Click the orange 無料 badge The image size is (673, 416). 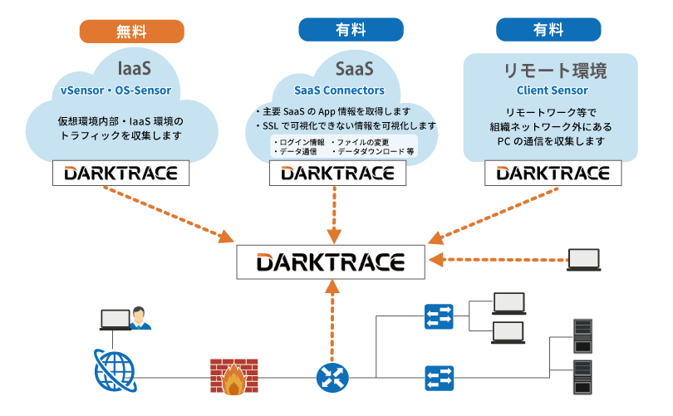point(131,31)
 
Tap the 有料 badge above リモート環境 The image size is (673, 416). point(548,31)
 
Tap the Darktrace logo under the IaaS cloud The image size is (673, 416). point(120,173)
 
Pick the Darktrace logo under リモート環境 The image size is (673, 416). point(553,173)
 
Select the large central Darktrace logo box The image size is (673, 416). point(332,262)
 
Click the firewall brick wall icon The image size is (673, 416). point(229,377)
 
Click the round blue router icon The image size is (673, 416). point(332,378)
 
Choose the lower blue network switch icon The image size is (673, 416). point(438,378)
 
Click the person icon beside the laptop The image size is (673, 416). point(141,317)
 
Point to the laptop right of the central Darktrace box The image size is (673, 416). point(583,260)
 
